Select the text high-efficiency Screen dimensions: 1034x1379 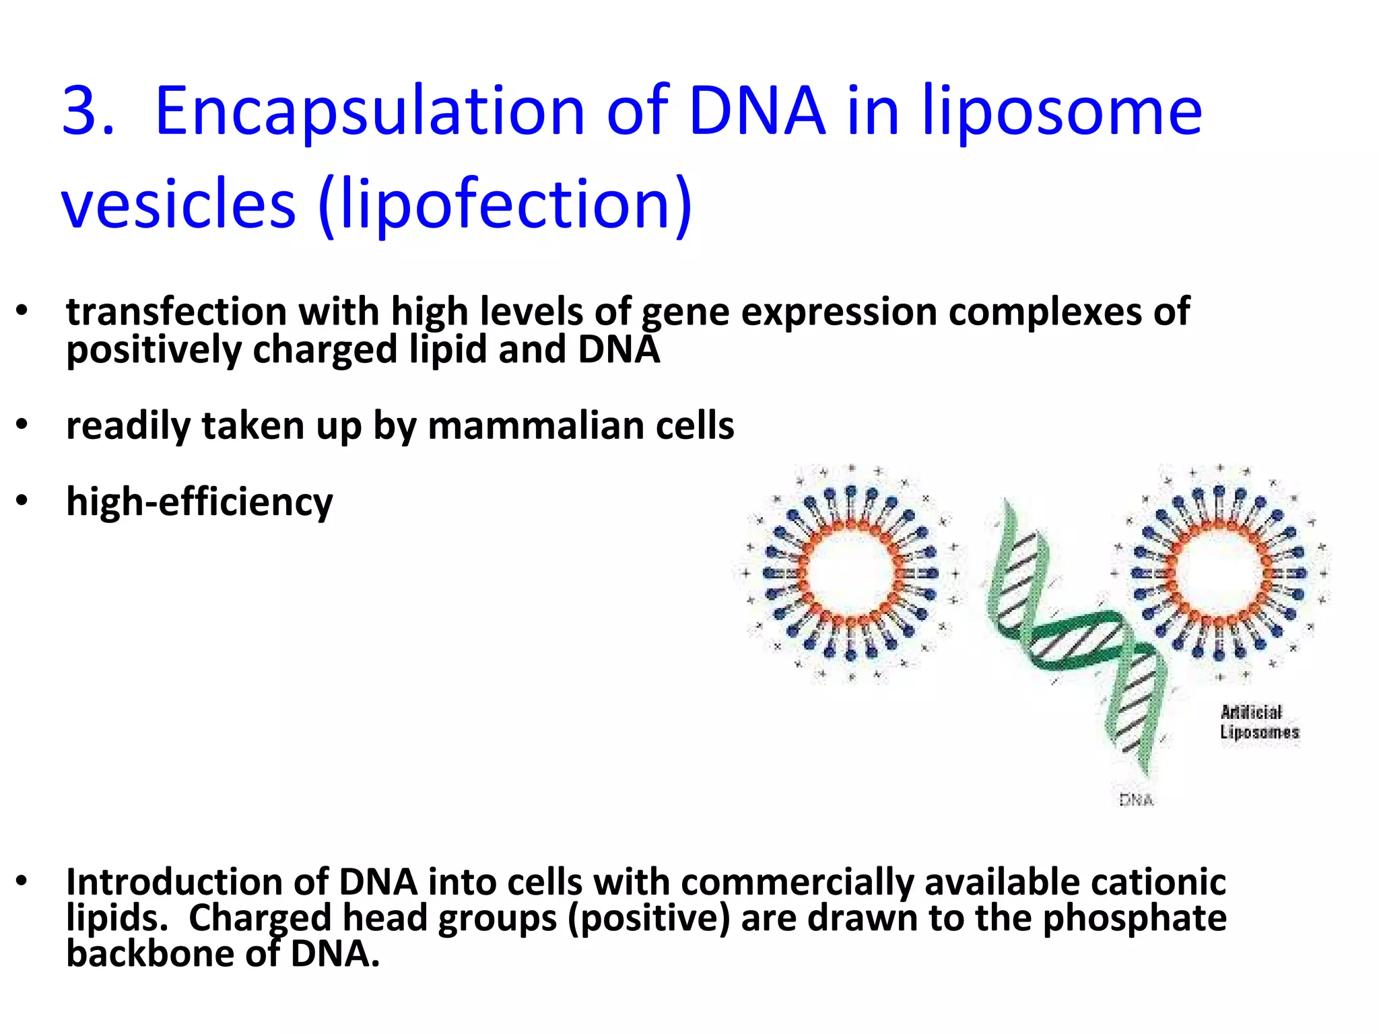click(199, 503)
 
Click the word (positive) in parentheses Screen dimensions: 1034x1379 click(648, 919)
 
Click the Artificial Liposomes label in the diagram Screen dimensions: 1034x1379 click(1258, 722)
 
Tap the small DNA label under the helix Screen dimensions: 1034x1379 click(1137, 800)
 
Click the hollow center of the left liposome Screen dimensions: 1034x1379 click(850, 573)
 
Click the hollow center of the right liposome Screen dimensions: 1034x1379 click(1219, 573)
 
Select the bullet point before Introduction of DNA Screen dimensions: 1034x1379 click(22, 881)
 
